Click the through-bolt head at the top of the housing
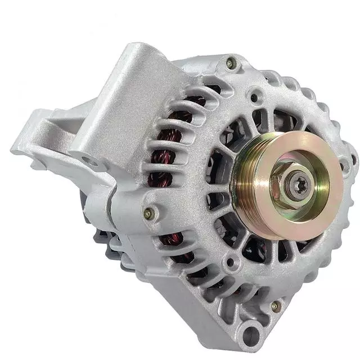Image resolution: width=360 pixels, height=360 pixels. pyautogui.click(x=231, y=62)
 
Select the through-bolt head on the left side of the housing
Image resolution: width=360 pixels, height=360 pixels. pyautogui.click(x=148, y=213)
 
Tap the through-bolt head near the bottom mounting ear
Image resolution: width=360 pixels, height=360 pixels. pyautogui.click(x=275, y=307)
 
